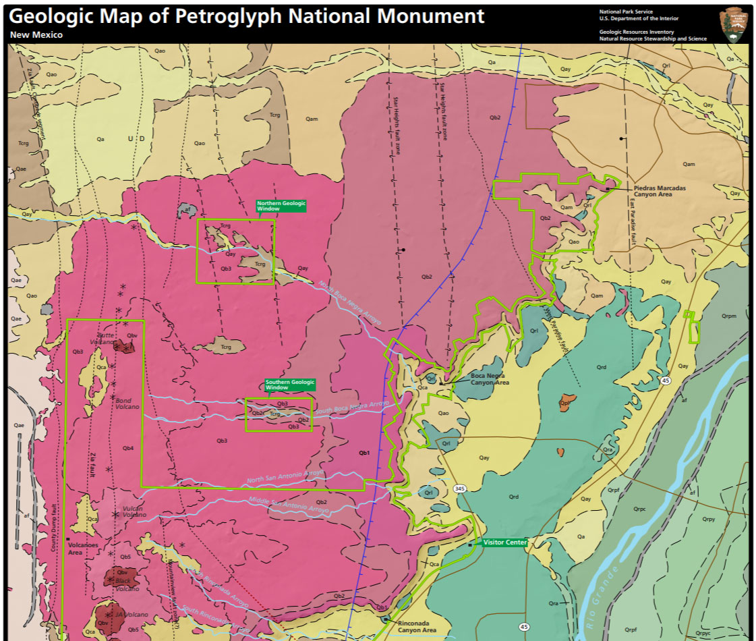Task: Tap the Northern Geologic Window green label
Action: coord(281,206)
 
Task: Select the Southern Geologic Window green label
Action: coord(289,385)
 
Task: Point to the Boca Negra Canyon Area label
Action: coord(490,379)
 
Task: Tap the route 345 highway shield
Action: coord(460,489)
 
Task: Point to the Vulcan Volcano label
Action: coord(134,511)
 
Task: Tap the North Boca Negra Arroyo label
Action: coord(349,303)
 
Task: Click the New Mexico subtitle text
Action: coord(36,34)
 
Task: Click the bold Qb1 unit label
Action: coord(364,453)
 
